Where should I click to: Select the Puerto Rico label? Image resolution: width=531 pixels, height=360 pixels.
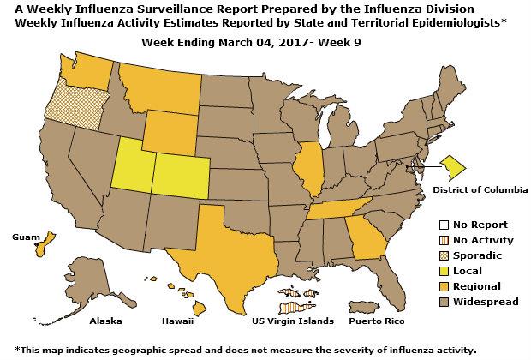(376, 321)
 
